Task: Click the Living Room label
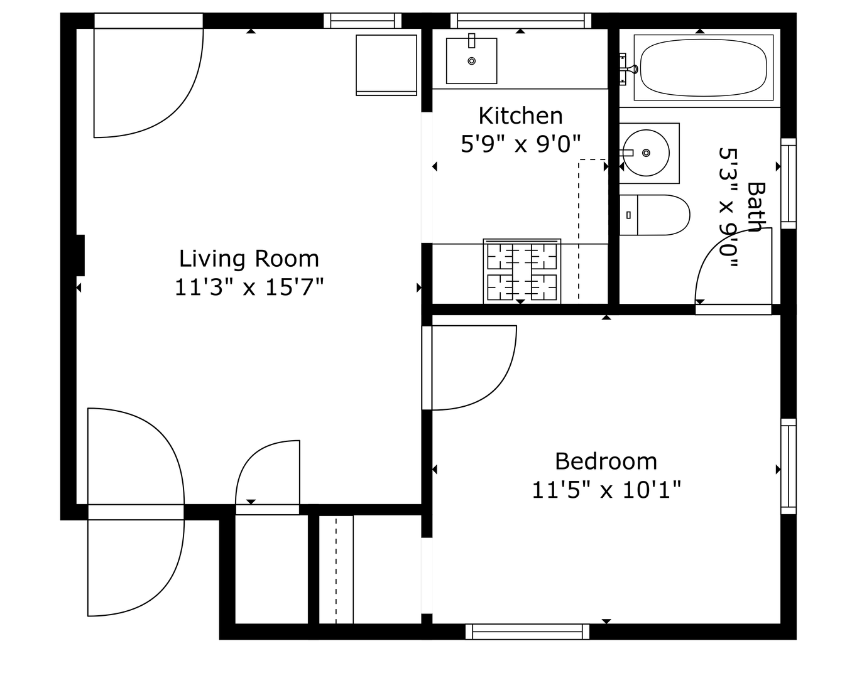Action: tap(249, 259)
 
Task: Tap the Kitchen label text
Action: tap(520, 116)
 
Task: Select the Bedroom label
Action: tap(606, 461)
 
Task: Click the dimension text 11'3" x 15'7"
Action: tap(249, 287)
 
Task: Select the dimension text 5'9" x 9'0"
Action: tap(520, 143)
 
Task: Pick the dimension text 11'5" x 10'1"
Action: tap(606, 490)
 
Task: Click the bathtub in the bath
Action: tap(703, 68)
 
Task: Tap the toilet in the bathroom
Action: tap(654, 215)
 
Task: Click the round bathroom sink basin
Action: tap(646, 153)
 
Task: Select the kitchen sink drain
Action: tap(471, 61)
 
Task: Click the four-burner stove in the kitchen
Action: tap(522, 271)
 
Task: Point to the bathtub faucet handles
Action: tap(626, 69)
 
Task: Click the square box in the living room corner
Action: tap(386, 65)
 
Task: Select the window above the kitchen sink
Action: tap(521, 21)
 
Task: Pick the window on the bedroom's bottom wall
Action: tap(527, 632)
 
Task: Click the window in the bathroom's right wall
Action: tap(789, 183)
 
